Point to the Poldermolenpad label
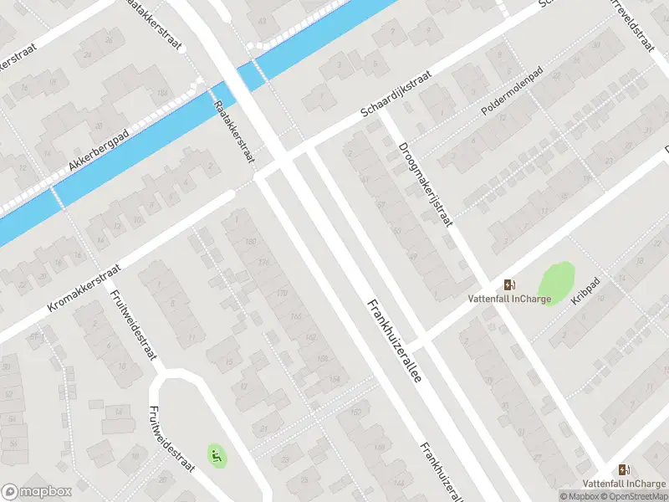click(512, 99)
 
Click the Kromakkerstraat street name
click(84, 289)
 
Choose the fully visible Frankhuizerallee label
click(393, 341)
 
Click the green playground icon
click(216, 456)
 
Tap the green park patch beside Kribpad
click(557, 282)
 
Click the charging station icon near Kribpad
click(509, 284)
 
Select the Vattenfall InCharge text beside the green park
click(508, 299)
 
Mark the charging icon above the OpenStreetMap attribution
click(623, 469)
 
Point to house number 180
click(251, 243)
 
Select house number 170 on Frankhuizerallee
click(282, 294)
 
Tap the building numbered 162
click(309, 337)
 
